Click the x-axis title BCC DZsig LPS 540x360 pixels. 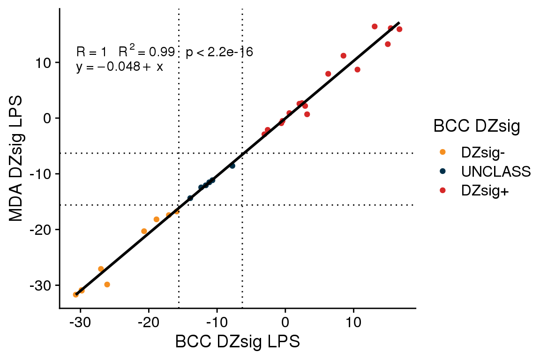pyautogui.click(x=237, y=342)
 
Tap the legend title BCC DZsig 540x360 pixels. pyautogui.click(x=476, y=127)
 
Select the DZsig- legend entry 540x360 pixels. pyautogui.click(x=483, y=152)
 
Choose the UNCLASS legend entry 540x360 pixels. pyautogui.click(x=495, y=172)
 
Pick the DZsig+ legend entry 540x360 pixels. pyautogui.click(x=485, y=191)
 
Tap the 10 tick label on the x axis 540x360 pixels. pyautogui.click(x=353, y=323)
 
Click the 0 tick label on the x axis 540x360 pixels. pyautogui.click(x=285, y=323)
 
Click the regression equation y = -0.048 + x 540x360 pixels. pyautogui.click(x=120, y=67)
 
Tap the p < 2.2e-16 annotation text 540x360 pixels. pyautogui.click(x=219, y=52)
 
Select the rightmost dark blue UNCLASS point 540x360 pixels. pyautogui.click(x=232, y=165)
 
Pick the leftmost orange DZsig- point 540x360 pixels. pyautogui.click(x=76, y=294)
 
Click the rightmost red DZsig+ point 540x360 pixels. pyautogui.click(x=399, y=29)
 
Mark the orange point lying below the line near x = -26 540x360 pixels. pyautogui.click(x=107, y=285)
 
